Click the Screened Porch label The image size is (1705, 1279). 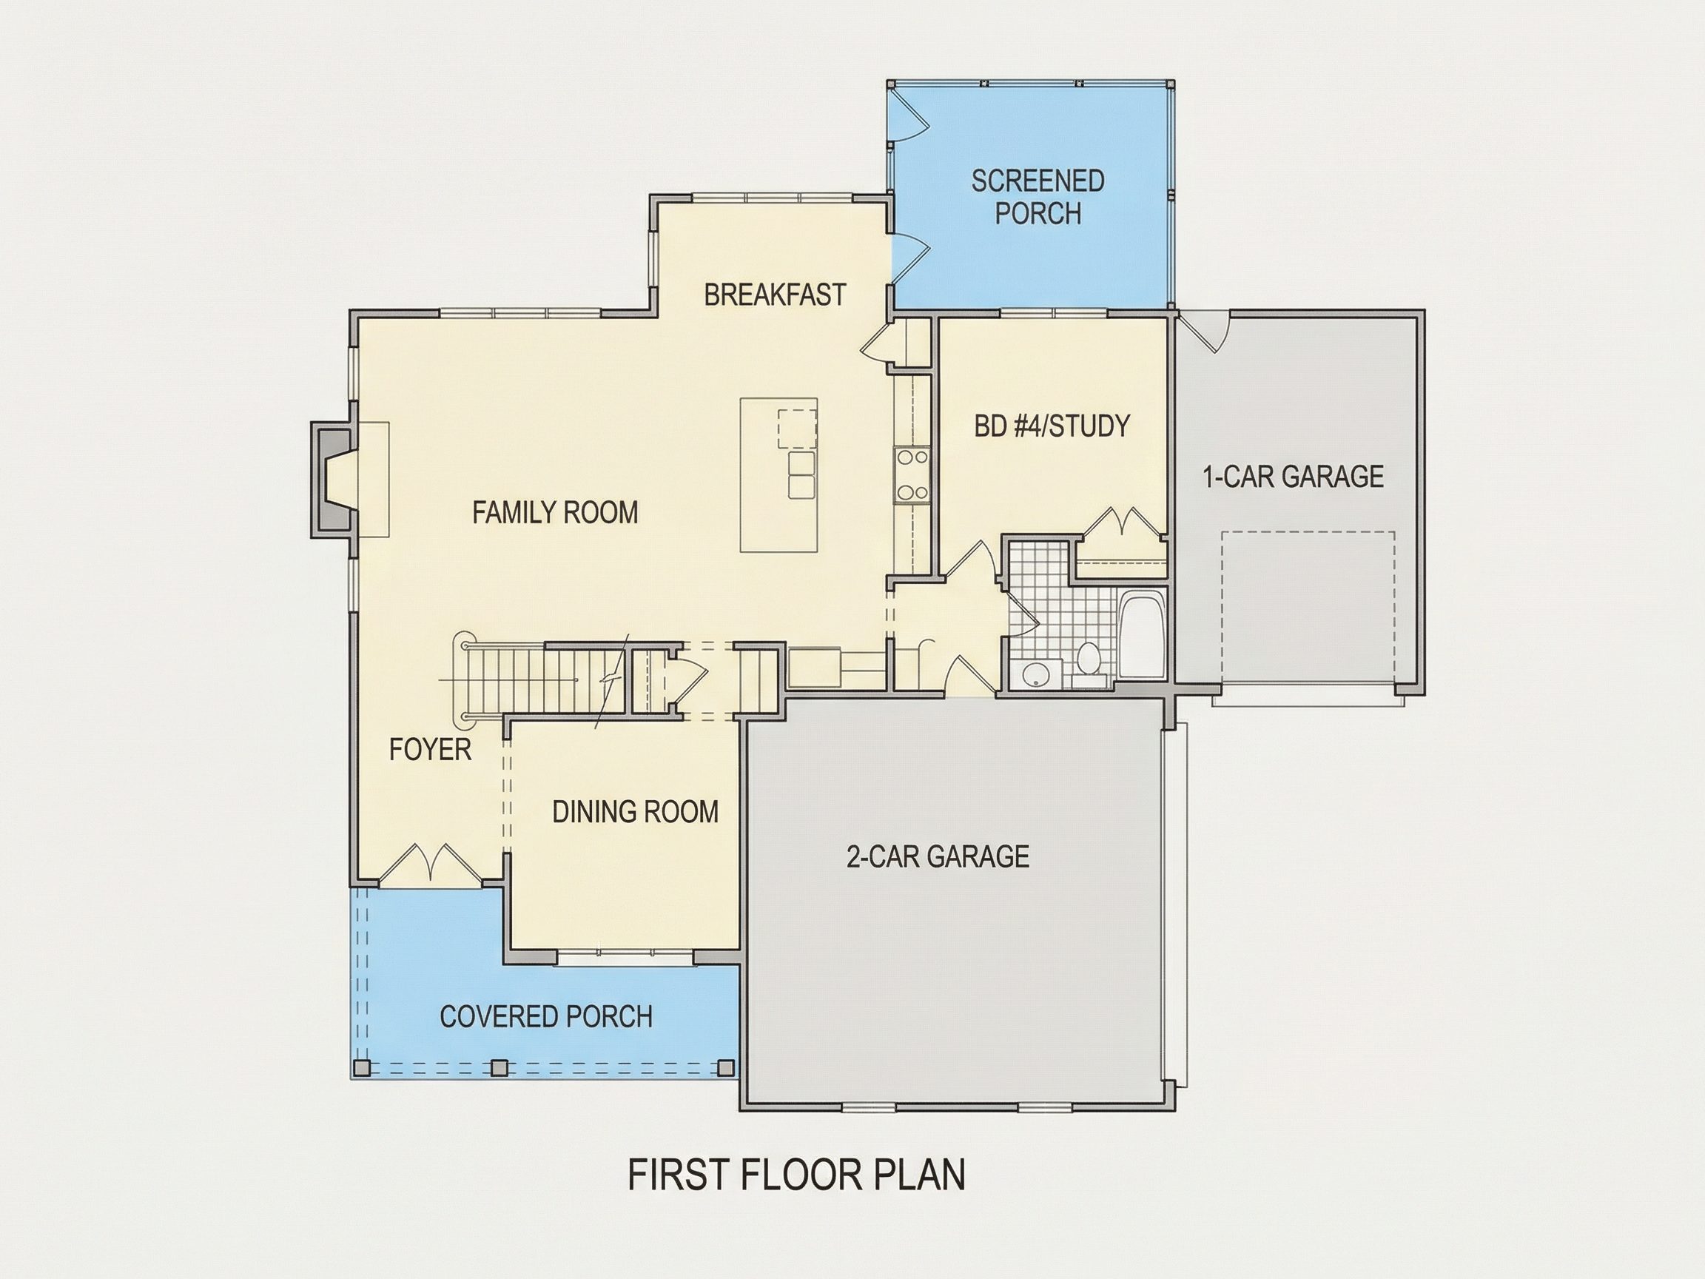(1038, 197)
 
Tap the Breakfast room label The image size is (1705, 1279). (775, 295)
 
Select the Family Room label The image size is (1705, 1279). (555, 512)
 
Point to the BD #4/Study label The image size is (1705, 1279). (1052, 426)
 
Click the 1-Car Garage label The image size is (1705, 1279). (1294, 477)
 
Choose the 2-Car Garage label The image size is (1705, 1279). (938, 856)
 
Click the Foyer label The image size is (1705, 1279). (430, 748)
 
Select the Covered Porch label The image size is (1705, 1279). (545, 1017)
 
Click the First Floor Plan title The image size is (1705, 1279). (796, 1174)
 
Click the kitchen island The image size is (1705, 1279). (778, 475)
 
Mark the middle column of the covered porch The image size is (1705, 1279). (500, 1068)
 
